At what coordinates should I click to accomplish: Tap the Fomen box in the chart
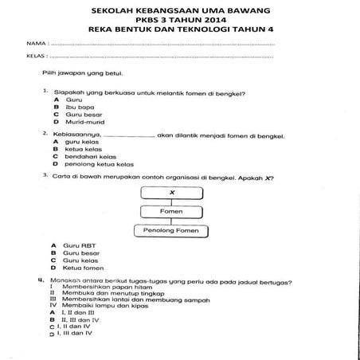tap(171, 212)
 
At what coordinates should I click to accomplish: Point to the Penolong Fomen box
tap(171, 231)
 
